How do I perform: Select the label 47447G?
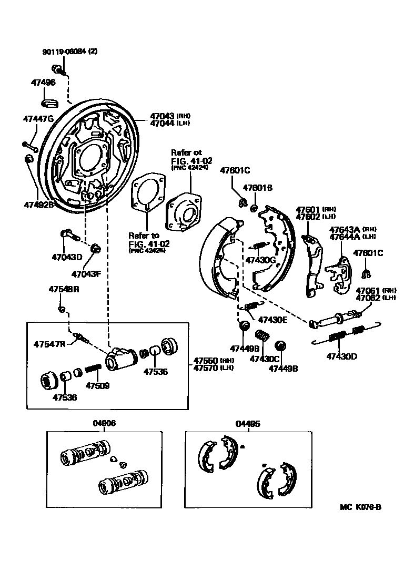click(38, 119)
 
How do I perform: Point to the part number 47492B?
click(38, 205)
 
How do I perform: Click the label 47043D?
click(67, 257)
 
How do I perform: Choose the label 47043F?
click(86, 274)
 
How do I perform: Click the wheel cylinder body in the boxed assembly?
click(118, 359)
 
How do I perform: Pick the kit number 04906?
click(105, 423)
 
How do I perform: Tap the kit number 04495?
click(248, 423)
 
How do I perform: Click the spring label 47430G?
click(260, 260)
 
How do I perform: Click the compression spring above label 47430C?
click(261, 335)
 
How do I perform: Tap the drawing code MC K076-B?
click(361, 507)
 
